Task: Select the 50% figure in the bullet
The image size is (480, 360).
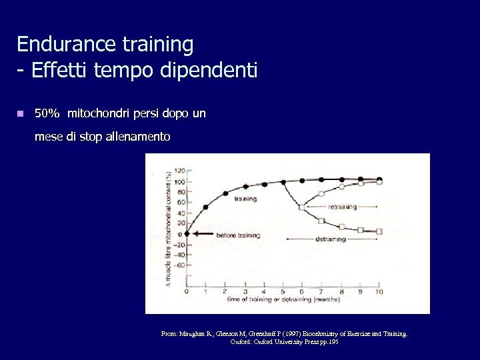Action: coord(47,114)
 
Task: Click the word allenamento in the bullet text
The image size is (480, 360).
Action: coord(137,137)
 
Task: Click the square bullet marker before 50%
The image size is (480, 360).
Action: coord(21,114)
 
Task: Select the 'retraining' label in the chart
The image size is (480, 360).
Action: coord(342,207)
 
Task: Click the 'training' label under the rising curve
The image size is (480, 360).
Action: coord(245,199)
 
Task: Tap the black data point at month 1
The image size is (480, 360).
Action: coord(205,207)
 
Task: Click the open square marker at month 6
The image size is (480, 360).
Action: coord(302,207)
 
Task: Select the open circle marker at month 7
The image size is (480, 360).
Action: coord(321,194)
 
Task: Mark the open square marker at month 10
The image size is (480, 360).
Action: coord(379,231)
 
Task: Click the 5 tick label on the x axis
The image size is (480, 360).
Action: coord(283,292)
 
